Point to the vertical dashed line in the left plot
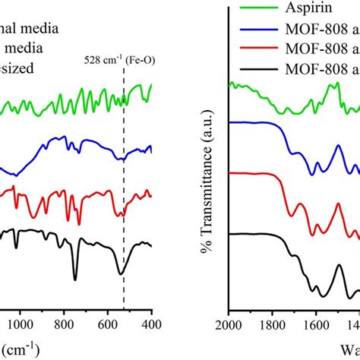click(124, 190)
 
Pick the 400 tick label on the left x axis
click(151, 321)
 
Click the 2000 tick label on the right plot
click(228, 321)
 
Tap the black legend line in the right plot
click(255, 74)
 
